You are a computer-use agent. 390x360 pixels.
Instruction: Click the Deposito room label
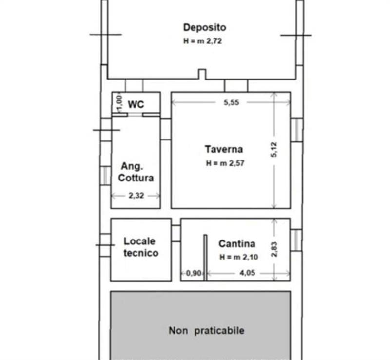(x=204, y=27)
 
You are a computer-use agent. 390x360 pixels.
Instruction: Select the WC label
(x=136, y=104)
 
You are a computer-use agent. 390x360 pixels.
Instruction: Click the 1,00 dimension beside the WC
(x=117, y=102)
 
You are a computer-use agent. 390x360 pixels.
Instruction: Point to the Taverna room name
(x=224, y=149)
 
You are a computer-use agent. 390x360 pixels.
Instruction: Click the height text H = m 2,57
(x=225, y=163)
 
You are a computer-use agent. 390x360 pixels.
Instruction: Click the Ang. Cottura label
(x=136, y=172)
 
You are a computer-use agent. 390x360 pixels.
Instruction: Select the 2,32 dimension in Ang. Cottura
(x=136, y=195)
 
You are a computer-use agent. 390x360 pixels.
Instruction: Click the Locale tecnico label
(x=140, y=247)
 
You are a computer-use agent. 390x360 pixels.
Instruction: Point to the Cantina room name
(x=237, y=243)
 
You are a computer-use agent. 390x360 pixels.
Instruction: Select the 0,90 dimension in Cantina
(x=194, y=274)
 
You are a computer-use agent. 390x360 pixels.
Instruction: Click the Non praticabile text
(x=206, y=331)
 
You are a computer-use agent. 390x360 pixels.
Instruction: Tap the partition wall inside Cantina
(x=205, y=258)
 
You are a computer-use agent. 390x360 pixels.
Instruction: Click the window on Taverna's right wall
(x=296, y=130)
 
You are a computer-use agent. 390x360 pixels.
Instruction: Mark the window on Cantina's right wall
(x=296, y=240)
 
